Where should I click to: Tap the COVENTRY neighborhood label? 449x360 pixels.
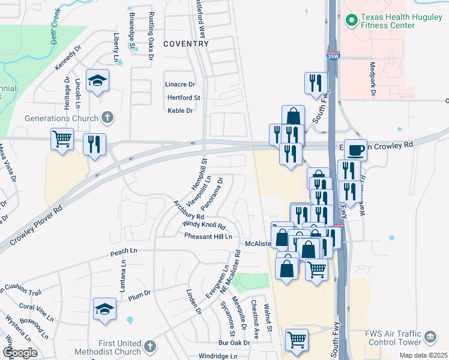[x=186, y=44]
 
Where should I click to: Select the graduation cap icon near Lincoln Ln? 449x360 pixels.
[x=97, y=81]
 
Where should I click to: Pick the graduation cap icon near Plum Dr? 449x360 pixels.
[x=104, y=309]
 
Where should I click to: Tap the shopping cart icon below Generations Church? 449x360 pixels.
[x=62, y=139]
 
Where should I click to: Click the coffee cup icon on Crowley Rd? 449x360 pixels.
[x=355, y=149]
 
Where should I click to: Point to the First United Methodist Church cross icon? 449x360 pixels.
[x=149, y=347]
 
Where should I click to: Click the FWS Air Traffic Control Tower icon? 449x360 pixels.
[x=430, y=338]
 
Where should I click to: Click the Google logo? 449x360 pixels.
[x=20, y=353]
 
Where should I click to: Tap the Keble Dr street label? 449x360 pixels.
[x=180, y=110]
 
